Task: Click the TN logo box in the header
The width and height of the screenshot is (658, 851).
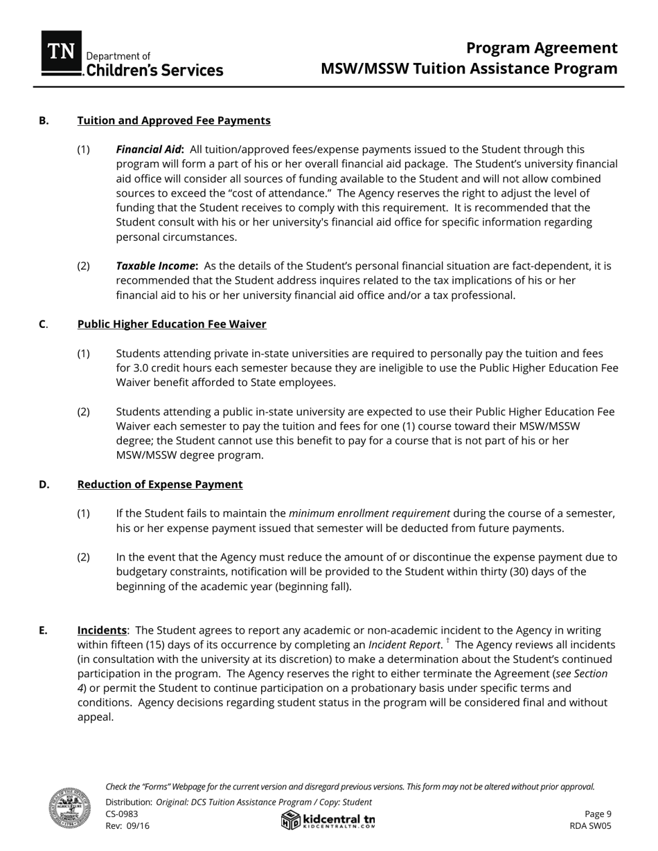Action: pyautogui.click(x=62, y=52)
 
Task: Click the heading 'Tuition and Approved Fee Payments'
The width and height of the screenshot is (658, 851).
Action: pyautogui.click(x=174, y=120)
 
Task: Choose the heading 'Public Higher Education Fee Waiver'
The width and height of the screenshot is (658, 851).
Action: pyautogui.click(x=172, y=324)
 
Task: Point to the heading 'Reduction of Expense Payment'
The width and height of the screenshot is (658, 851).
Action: pyautogui.click(x=160, y=484)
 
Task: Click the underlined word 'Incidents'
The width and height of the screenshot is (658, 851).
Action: pyautogui.click(x=102, y=630)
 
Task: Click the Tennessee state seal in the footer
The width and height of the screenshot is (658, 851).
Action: pyautogui.click(x=69, y=807)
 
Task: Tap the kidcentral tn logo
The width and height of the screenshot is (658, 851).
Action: pyautogui.click(x=328, y=820)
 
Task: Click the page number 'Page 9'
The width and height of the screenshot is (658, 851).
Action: pyautogui.click(x=598, y=814)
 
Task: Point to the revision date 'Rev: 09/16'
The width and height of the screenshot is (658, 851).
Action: pyautogui.click(x=127, y=825)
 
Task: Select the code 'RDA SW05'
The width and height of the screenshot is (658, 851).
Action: pyautogui.click(x=590, y=825)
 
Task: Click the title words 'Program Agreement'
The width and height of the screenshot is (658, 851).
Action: pyautogui.click(x=541, y=48)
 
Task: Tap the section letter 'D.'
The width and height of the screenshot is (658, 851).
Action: pyautogui.click(x=44, y=484)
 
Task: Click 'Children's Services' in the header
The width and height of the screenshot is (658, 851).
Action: pyautogui.click(x=154, y=70)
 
